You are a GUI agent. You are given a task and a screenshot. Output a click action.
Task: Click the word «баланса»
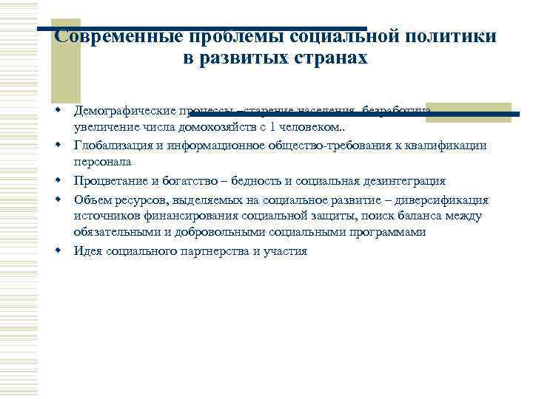[x=420, y=216]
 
